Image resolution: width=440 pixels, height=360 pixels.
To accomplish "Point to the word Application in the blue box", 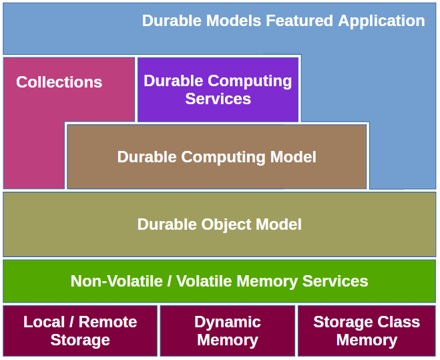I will coord(381,21).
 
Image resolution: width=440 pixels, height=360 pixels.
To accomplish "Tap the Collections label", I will coord(59,82).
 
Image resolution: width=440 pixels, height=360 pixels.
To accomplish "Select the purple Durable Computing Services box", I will coord(218,89).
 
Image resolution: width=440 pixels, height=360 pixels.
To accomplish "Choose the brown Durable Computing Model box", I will coord(216,157).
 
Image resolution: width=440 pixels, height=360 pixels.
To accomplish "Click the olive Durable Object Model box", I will coord(219,224).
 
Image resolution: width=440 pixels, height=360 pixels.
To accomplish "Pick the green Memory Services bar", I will coord(219,281).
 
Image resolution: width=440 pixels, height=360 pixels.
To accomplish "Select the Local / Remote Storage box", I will coord(80,331).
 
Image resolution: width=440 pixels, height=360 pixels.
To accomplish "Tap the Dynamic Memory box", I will coord(227,331).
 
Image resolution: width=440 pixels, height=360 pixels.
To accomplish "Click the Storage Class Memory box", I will coord(367,331).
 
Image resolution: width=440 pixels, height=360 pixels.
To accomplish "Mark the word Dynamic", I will coord(227,322).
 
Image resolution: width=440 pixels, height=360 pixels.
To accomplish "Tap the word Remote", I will coord(109,322).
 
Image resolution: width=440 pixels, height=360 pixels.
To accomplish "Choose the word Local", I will coord(44,322).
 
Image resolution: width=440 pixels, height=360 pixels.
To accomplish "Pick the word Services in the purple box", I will coord(218,99).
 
